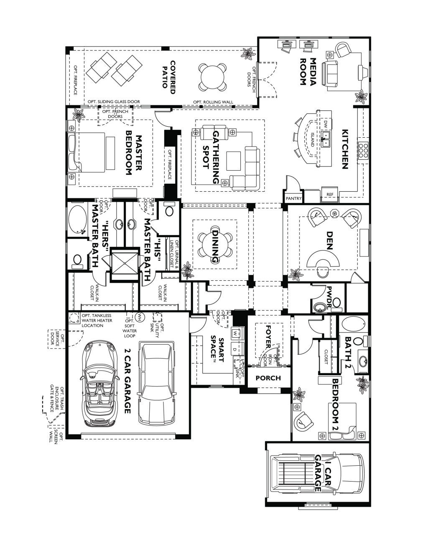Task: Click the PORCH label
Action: (x=268, y=378)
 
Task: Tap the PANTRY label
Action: (x=294, y=198)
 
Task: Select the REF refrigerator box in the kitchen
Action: (x=330, y=195)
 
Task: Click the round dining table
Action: (x=214, y=246)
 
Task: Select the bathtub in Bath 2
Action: (x=353, y=324)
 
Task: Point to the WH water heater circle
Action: (x=140, y=315)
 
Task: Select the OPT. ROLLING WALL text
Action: (x=213, y=102)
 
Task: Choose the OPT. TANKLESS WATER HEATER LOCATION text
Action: (x=97, y=320)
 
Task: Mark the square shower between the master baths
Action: (x=124, y=264)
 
